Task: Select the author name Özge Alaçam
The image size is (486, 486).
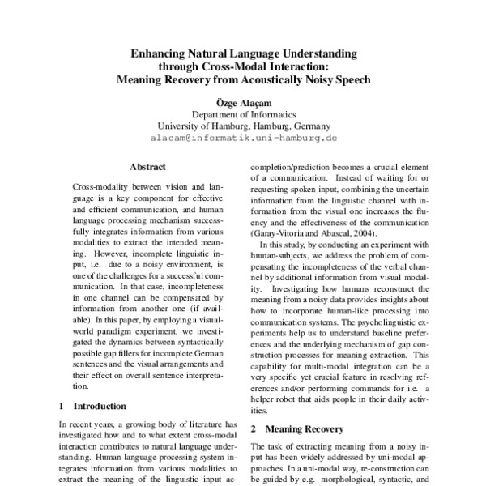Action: (x=243, y=104)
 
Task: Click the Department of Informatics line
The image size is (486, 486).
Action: (x=243, y=115)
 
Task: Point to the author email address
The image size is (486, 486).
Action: (x=243, y=139)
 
